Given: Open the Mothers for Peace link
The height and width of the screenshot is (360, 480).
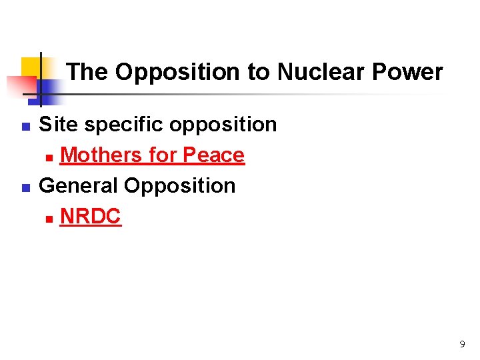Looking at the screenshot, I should click(152, 155).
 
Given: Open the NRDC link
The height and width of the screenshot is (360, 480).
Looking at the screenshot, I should click(91, 216).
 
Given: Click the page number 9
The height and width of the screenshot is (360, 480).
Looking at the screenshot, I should click(462, 345).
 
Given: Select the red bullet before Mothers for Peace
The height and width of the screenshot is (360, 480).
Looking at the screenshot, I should click(49, 157).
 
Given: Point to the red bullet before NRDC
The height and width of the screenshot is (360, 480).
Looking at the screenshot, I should click(49, 218).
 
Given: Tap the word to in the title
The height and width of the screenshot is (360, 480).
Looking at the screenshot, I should click(257, 72).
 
